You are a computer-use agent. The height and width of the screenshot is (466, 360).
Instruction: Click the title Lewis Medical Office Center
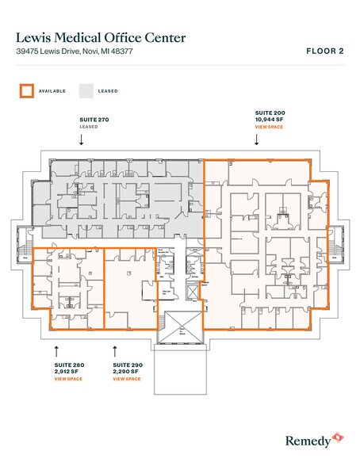[x=101, y=36]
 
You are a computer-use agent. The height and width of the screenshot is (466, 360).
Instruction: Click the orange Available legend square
[x=26, y=90]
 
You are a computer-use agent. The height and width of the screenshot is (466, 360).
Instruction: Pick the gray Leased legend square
[x=86, y=90]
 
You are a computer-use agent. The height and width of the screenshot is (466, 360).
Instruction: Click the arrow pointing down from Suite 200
[x=257, y=140]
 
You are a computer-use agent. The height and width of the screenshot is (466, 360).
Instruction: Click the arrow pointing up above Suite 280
[x=56, y=349]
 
